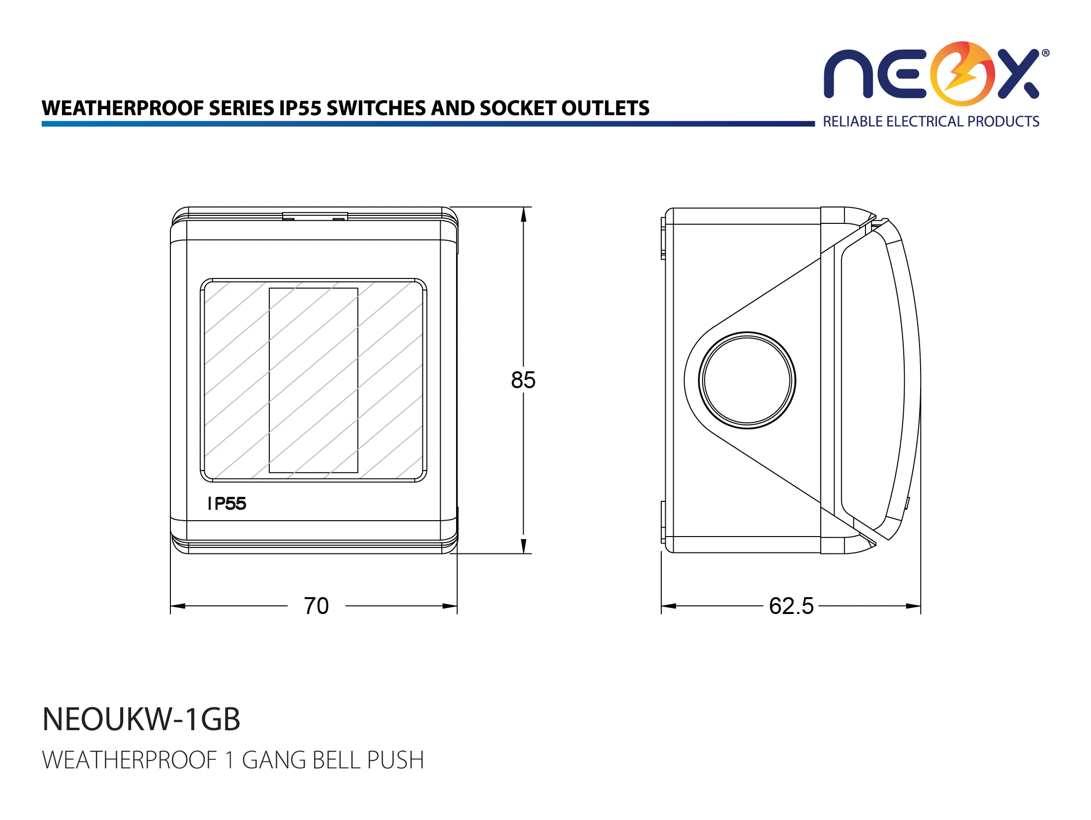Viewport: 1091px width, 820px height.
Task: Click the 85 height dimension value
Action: [523, 380]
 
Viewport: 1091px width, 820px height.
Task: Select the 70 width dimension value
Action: [316, 606]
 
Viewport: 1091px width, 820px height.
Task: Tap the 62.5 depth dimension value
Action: [791, 606]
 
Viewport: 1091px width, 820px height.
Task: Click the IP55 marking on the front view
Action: [227, 504]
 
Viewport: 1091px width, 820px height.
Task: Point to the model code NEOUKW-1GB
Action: [142, 719]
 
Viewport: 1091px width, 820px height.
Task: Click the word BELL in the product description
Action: [336, 760]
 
